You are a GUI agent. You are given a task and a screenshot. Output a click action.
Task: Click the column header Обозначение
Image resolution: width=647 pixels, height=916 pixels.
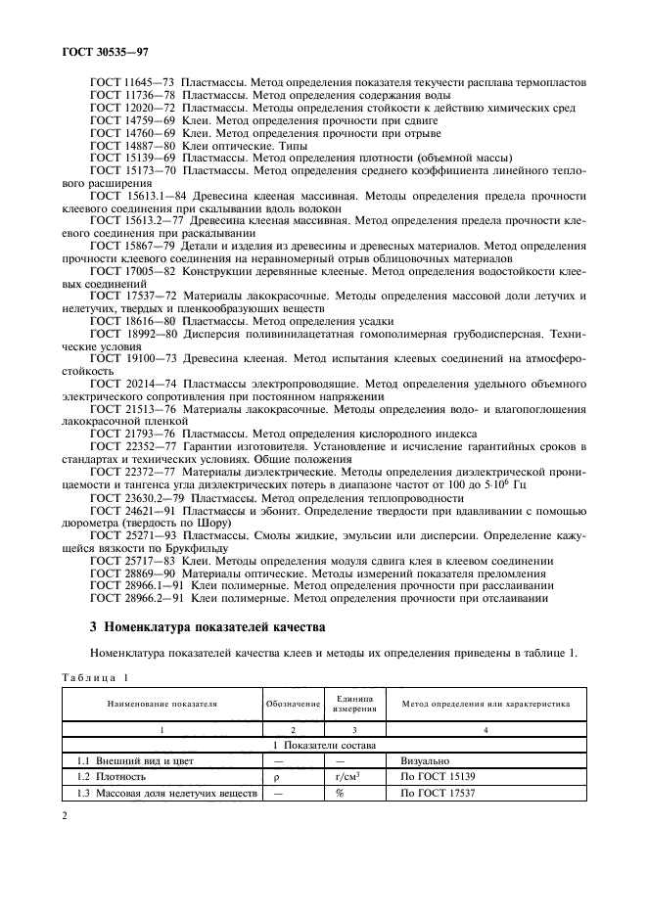(292, 704)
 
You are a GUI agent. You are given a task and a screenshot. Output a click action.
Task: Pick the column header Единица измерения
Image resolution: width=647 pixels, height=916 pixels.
(354, 704)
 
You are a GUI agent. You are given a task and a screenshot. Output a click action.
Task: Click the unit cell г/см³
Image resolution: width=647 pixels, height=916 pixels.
(354, 776)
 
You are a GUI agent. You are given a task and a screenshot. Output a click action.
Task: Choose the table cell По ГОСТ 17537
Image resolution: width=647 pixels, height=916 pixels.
(439, 793)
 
